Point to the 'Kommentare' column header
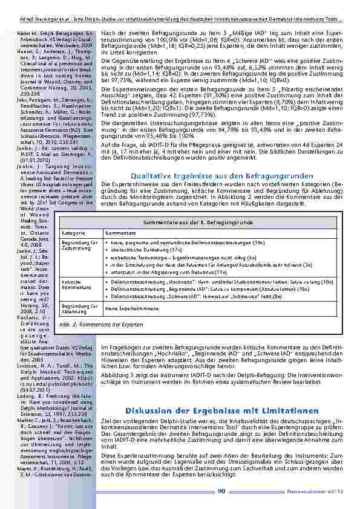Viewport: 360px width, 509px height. [120, 233]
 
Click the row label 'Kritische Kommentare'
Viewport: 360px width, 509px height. [89, 284]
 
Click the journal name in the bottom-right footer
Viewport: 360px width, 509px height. [324, 491]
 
